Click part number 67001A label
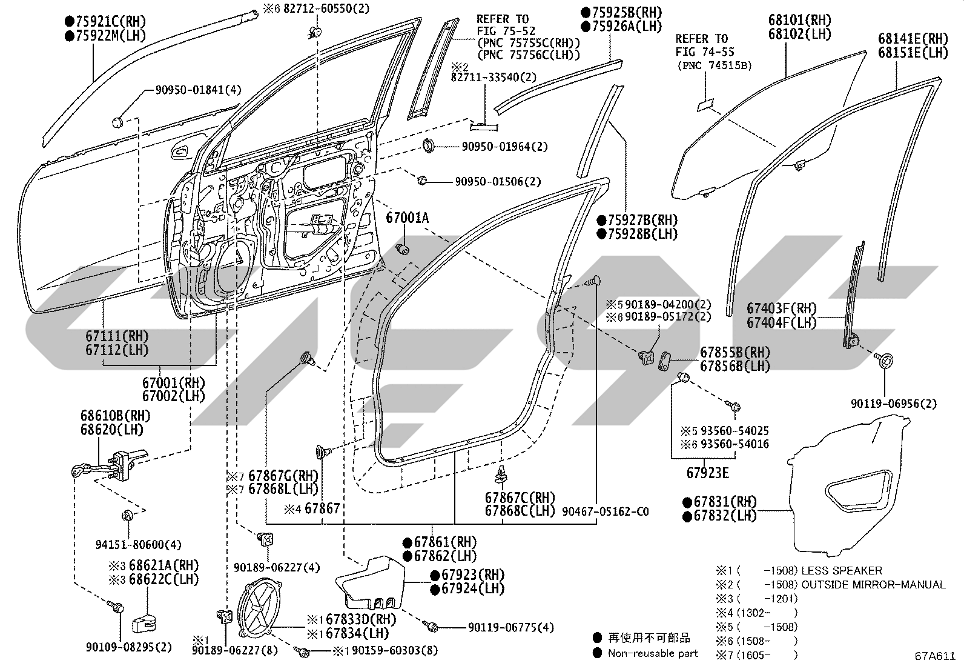407,218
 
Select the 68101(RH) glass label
800,20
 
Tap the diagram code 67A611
935,656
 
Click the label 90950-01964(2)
504,147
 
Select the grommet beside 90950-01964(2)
429,145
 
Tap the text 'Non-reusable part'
652,653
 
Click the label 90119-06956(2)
893,404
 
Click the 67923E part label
707,473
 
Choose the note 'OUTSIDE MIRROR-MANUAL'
873,585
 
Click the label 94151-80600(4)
139,545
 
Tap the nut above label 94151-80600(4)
127,515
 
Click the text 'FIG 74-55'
704,52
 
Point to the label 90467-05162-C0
605,511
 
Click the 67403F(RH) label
782,308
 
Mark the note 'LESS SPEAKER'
841,570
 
